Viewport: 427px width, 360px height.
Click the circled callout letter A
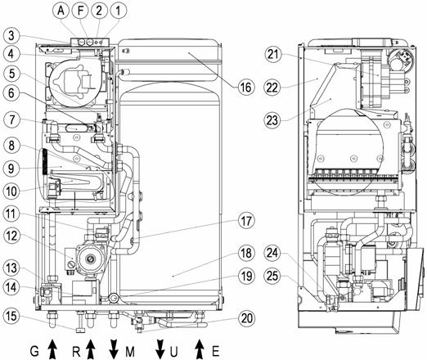coord(61,11)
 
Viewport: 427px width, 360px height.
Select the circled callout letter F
coord(80,11)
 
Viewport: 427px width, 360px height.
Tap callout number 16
coord(245,88)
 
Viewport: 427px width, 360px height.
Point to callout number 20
coord(246,318)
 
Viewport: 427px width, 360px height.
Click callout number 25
coord(272,276)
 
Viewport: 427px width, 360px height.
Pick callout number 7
coord(11,120)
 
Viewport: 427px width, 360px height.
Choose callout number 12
coord(11,235)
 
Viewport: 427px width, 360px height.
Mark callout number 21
coord(273,55)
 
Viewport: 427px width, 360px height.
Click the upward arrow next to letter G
coord(52,349)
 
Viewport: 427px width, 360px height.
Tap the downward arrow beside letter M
coord(114,349)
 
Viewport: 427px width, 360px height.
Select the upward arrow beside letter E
coord(200,349)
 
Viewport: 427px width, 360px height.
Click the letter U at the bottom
coord(173,352)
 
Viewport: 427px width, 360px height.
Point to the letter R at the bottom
coord(76,352)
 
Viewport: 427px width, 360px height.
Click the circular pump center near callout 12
coord(89,259)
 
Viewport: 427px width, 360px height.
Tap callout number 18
coord(246,253)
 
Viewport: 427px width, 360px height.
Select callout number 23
coord(272,120)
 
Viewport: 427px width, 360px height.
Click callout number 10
coord(11,191)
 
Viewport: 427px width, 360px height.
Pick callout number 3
coord(11,35)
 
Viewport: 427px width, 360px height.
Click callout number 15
coord(11,317)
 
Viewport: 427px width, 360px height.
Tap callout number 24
coord(272,253)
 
